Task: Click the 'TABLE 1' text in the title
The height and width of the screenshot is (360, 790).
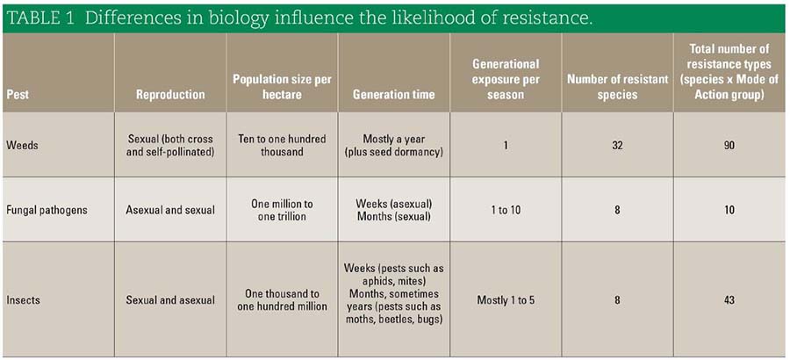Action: pyautogui.click(x=42, y=18)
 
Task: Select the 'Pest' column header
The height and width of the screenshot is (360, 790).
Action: pyautogui.click(x=17, y=95)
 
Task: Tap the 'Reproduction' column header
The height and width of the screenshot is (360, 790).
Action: pyautogui.click(x=170, y=95)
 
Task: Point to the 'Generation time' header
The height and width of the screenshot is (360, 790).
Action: pyautogui.click(x=394, y=95)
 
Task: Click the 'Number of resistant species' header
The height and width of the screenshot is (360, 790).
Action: pyautogui.click(x=618, y=87)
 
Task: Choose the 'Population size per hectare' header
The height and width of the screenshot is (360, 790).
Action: pyautogui.click(x=282, y=87)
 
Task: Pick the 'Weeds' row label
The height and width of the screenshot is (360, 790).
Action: pyautogui.click(x=21, y=145)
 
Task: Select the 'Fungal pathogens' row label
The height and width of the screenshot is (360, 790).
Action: pyautogui.click(x=47, y=210)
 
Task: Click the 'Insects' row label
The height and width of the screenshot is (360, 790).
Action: pyautogui.click(x=23, y=300)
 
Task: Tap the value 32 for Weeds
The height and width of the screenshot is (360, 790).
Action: pyautogui.click(x=617, y=145)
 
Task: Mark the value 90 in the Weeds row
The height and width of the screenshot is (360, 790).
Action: pyautogui.click(x=729, y=145)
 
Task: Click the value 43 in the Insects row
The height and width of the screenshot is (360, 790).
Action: pyautogui.click(x=729, y=300)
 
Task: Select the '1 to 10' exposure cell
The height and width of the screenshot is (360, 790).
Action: pyautogui.click(x=506, y=210)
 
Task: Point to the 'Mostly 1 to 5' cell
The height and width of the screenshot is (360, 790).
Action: pyautogui.click(x=506, y=300)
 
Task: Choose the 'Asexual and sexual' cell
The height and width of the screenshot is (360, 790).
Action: pyautogui.click(x=170, y=210)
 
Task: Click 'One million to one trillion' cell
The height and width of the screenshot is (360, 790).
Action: pyautogui.click(x=282, y=210)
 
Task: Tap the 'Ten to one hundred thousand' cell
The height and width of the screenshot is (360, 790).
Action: pyautogui.click(x=282, y=145)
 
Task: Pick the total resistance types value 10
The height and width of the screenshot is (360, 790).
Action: pyautogui.click(x=729, y=210)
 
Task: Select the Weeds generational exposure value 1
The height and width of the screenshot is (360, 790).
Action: pyautogui.click(x=506, y=145)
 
